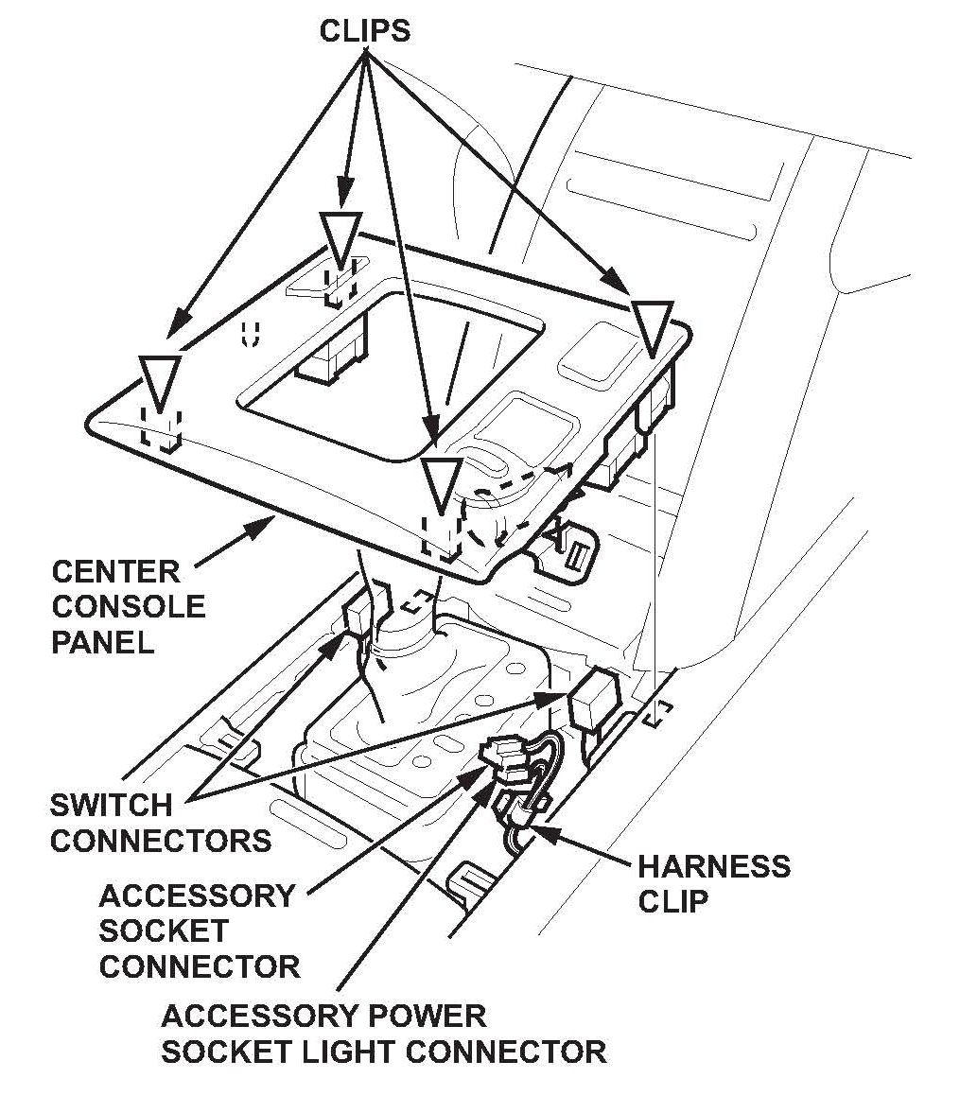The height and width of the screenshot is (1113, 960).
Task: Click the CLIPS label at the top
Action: tap(364, 30)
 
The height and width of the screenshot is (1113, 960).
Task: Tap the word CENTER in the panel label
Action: tap(115, 572)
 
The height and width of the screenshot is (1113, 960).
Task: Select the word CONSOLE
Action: tap(128, 607)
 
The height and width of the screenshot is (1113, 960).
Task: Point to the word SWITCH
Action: tap(112, 806)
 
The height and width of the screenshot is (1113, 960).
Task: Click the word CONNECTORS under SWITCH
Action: tap(161, 841)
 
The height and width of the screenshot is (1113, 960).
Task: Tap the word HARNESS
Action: tap(714, 866)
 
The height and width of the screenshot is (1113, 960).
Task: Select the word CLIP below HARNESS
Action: tap(672, 901)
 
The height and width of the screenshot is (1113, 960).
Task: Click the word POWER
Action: tap(430, 1017)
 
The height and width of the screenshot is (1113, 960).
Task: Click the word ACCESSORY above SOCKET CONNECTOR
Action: tap(197, 896)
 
